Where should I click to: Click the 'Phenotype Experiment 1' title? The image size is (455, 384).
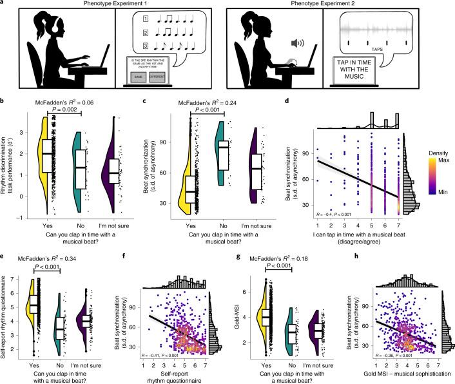click(113, 5)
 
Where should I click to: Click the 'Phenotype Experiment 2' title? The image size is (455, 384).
click(342, 5)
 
